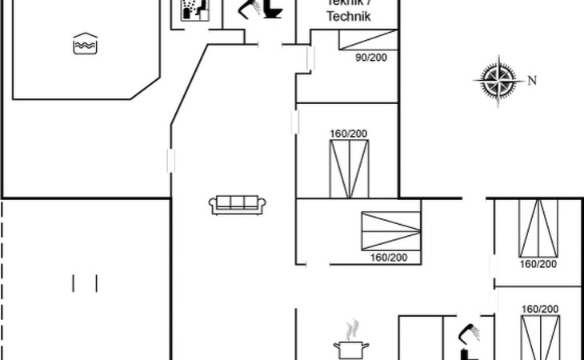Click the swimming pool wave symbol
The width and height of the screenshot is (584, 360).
click(84, 45)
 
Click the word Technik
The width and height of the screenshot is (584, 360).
click(350, 16)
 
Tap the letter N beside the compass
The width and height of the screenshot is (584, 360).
click(531, 80)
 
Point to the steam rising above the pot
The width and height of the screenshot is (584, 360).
click(351, 329)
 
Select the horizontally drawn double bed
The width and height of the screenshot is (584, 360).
click(390, 230)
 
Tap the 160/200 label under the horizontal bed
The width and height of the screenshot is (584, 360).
click(389, 258)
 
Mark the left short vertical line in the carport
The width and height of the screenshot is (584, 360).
click(74, 283)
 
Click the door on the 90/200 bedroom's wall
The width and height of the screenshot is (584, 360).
click(311, 58)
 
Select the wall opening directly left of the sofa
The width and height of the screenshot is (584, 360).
click(170, 160)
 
